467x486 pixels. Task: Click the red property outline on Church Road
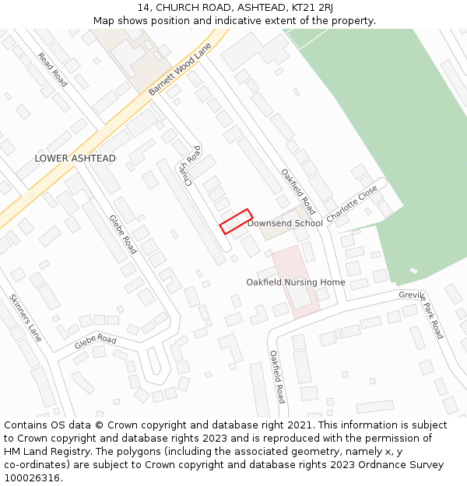[x=236, y=221]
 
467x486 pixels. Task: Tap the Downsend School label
[x=285, y=223]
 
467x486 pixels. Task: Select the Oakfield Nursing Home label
[x=296, y=282]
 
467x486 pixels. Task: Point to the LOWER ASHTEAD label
[x=75, y=159]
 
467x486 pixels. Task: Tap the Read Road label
[x=53, y=70]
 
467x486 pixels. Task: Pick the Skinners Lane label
[x=25, y=318]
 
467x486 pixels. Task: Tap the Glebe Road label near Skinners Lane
[x=96, y=341]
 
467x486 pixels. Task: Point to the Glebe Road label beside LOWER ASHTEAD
[x=123, y=234]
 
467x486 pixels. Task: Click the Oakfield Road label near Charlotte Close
[x=299, y=192]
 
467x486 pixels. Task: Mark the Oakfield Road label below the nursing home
[x=278, y=376]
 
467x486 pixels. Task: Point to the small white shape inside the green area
[x=413, y=271]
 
